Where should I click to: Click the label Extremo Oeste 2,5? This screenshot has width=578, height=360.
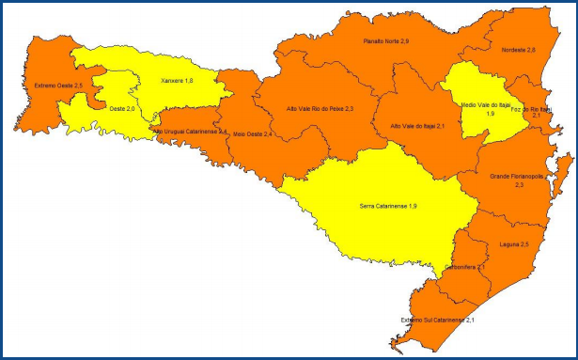tap(58, 86)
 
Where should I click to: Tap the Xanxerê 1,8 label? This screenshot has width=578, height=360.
tap(177, 81)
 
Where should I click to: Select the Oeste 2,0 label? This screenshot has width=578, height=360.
tap(123, 110)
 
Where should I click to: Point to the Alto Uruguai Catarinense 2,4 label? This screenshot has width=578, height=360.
tap(190, 132)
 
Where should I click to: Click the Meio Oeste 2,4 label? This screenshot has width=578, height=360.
tap(253, 134)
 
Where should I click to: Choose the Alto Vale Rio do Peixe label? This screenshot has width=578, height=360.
tap(320, 109)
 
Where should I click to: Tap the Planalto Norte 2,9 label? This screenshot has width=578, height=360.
tap(386, 42)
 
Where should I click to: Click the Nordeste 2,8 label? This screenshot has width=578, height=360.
tap(519, 49)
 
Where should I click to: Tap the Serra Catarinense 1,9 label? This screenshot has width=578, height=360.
tap(388, 205)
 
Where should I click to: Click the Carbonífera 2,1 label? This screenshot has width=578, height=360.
tap(467, 267)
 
